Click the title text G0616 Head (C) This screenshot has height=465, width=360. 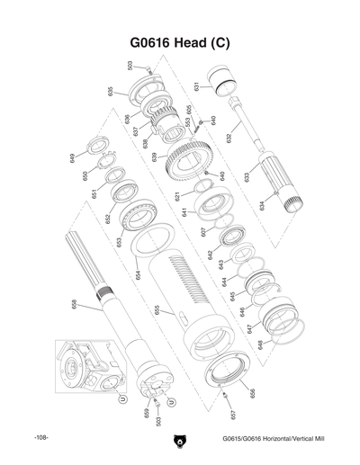coord(180,46)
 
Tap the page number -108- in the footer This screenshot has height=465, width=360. coord(40,438)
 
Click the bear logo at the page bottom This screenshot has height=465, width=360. coord(179,440)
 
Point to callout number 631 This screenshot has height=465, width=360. coord(196,87)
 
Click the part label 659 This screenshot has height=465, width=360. coord(145,413)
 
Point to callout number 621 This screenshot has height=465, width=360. coord(178,195)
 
